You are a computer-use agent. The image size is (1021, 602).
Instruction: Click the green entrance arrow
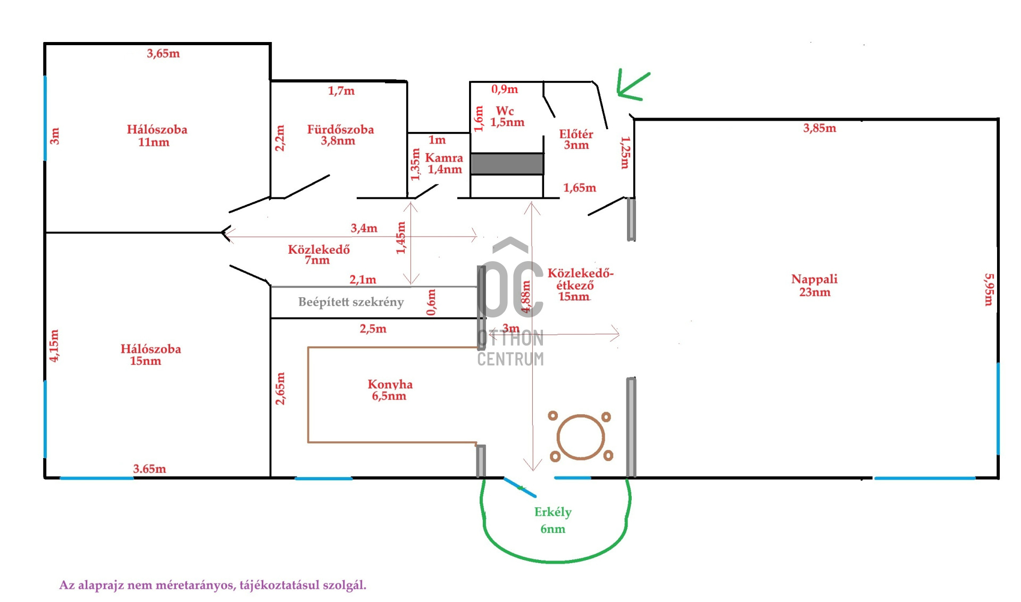coord(633,86)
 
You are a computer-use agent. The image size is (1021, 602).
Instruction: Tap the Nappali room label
coord(814,279)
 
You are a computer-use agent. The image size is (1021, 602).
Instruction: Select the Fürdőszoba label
coord(340,129)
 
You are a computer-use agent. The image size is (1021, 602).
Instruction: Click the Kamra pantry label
coord(444,158)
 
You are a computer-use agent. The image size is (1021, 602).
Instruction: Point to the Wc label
coord(505,111)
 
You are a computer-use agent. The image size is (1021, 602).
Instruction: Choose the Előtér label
coord(576,134)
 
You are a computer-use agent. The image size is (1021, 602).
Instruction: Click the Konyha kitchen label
coord(390,384)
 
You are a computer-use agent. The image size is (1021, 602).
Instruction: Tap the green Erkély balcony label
coord(553,512)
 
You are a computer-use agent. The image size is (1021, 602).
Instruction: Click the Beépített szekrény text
coord(351,302)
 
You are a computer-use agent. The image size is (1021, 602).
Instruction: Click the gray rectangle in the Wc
coord(507,164)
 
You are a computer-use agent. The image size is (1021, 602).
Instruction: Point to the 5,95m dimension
coord(989,289)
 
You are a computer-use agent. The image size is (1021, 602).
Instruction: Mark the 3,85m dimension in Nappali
coord(819,128)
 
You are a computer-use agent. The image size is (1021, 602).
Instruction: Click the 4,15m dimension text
coord(54,346)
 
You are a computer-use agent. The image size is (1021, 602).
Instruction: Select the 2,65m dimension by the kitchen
coord(280,388)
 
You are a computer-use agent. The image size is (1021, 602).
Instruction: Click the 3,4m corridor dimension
coord(364,228)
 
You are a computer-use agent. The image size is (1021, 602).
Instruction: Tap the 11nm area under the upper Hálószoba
coord(154,142)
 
